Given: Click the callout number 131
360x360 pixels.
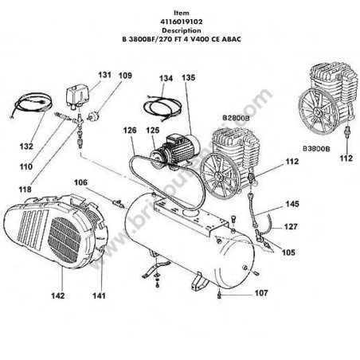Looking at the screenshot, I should coord(105,75).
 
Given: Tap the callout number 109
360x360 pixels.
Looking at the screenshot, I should coord(126,76).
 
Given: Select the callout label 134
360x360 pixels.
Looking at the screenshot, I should coord(165,79).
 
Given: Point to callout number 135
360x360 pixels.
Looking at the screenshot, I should coord(188,78).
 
